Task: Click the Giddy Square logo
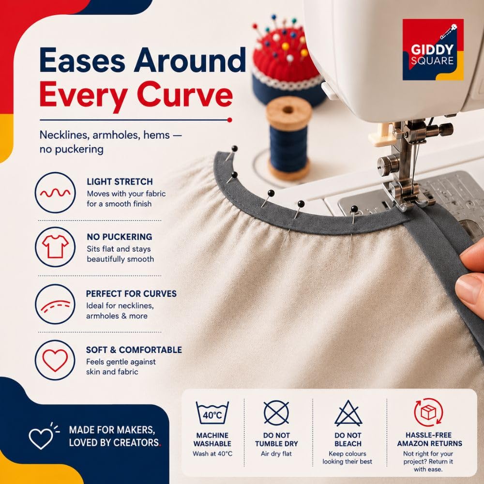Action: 433,49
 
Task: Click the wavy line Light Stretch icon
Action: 55,193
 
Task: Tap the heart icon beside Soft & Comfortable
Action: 55,360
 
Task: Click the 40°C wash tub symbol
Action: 212,412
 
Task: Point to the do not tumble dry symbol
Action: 276,413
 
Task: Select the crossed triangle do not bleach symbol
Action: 348,414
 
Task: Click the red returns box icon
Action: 428,412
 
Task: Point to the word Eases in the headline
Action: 82,60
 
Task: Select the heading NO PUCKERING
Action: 120,237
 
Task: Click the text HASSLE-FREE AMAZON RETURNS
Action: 429,439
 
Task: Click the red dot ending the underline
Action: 229,120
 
